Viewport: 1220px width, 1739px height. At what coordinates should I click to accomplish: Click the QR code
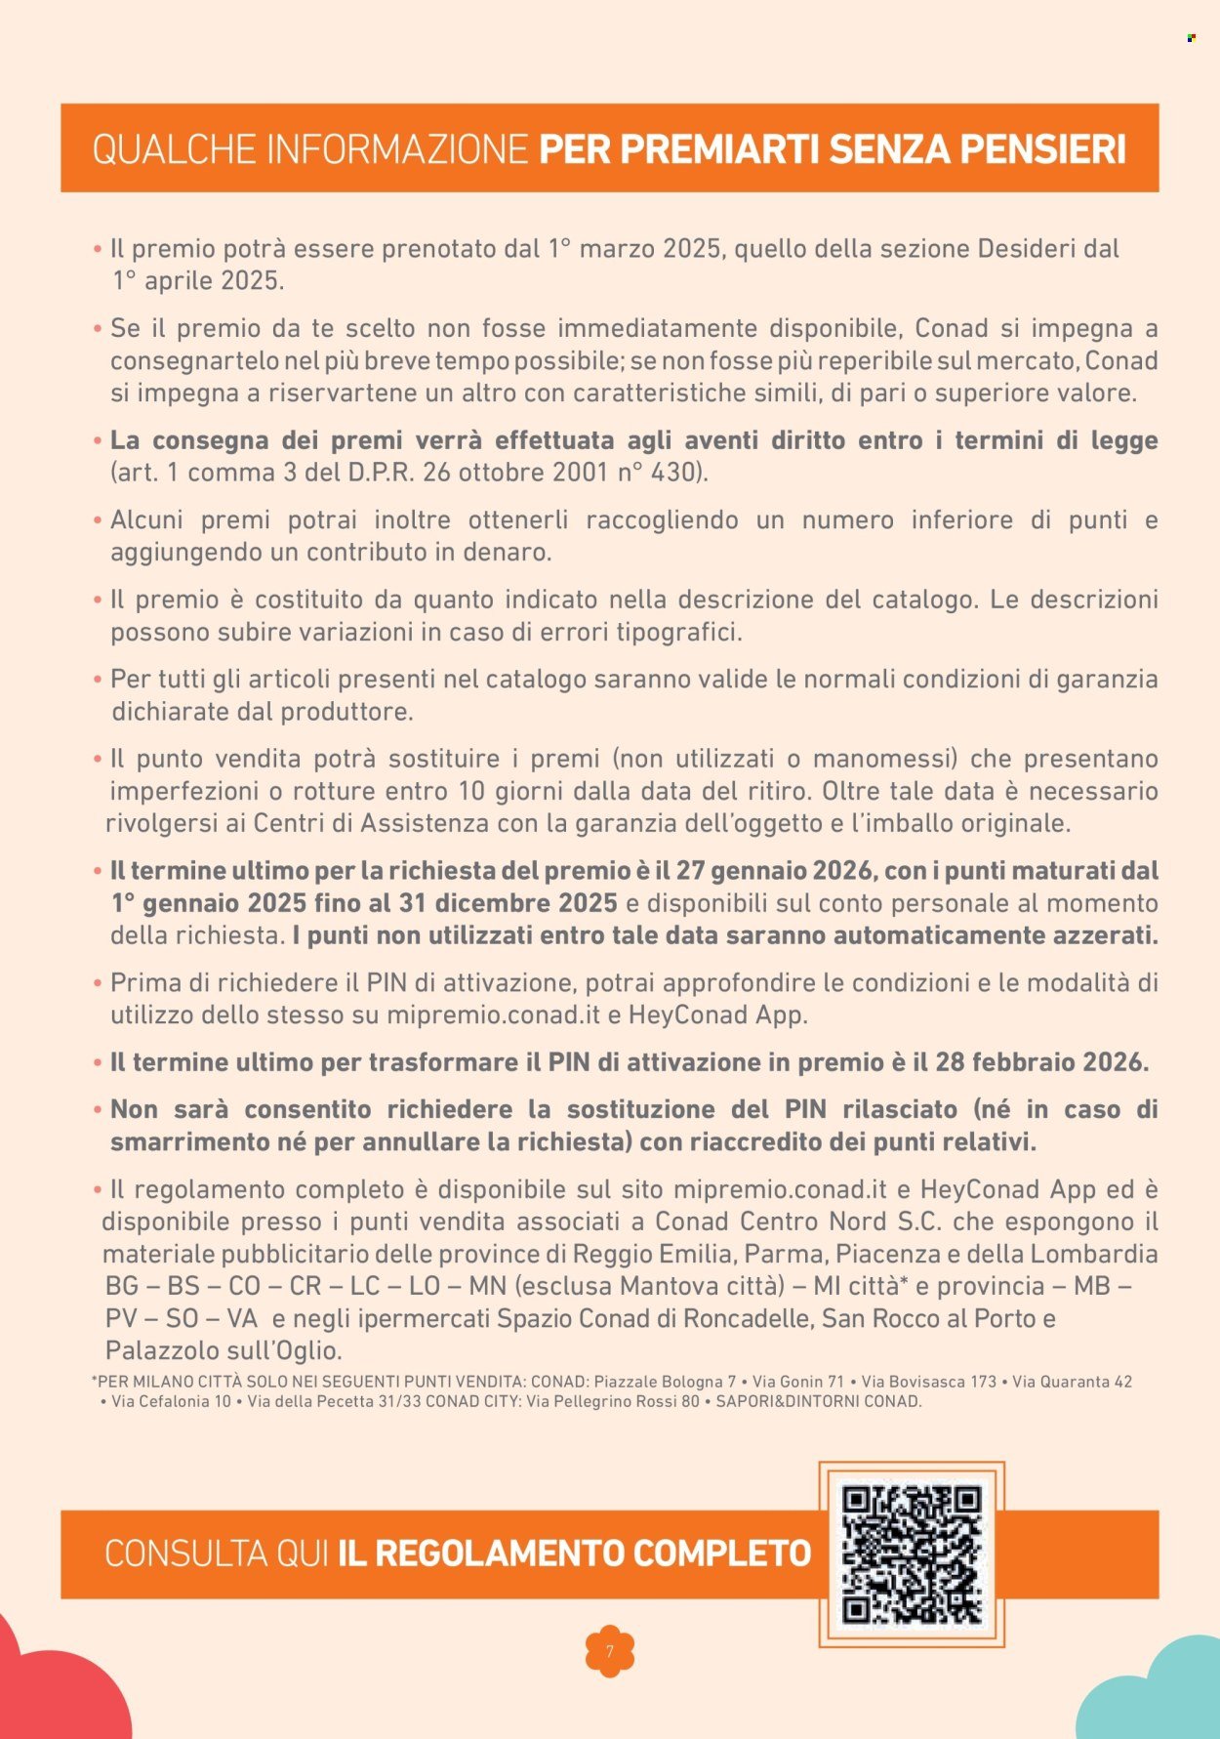click(x=912, y=1553)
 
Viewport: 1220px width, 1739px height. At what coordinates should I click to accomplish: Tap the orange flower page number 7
click(x=610, y=1651)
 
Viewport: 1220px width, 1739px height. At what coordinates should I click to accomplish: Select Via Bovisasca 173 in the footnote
click(x=928, y=1383)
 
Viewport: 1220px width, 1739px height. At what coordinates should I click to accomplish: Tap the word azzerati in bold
click(x=1105, y=935)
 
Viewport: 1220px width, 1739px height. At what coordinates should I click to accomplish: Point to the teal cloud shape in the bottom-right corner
click(x=1161, y=1694)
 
